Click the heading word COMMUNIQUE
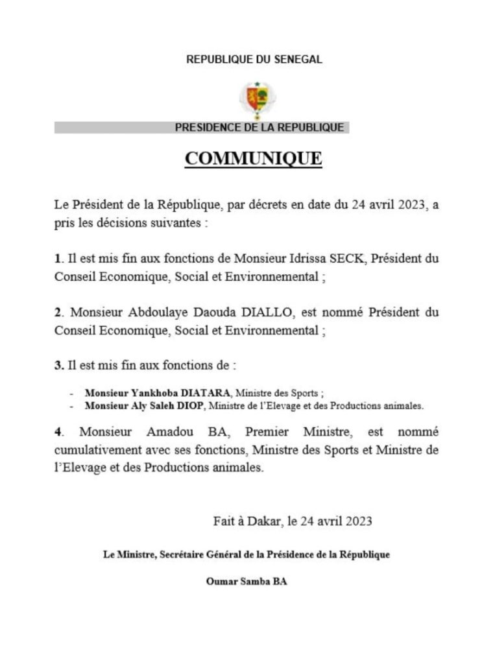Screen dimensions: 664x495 coord(254,158)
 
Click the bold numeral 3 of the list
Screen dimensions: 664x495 coord(58,366)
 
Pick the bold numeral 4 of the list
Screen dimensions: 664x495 coord(58,431)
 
